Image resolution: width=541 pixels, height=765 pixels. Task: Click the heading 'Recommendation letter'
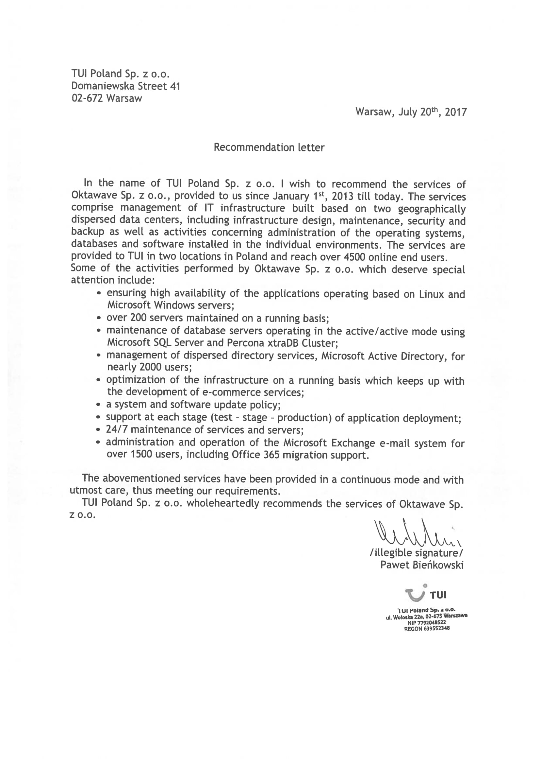pyautogui.click(x=269, y=147)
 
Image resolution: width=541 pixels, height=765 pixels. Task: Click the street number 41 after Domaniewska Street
pyautogui.click(x=175, y=86)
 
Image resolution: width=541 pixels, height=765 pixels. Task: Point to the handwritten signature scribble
pyautogui.click(x=417, y=533)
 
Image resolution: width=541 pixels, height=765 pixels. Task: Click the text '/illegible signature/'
pyautogui.click(x=416, y=553)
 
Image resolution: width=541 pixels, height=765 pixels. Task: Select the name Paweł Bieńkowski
pyautogui.click(x=422, y=565)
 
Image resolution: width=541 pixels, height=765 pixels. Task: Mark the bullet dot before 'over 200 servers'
pyautogui.click(x=99, y=318)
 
